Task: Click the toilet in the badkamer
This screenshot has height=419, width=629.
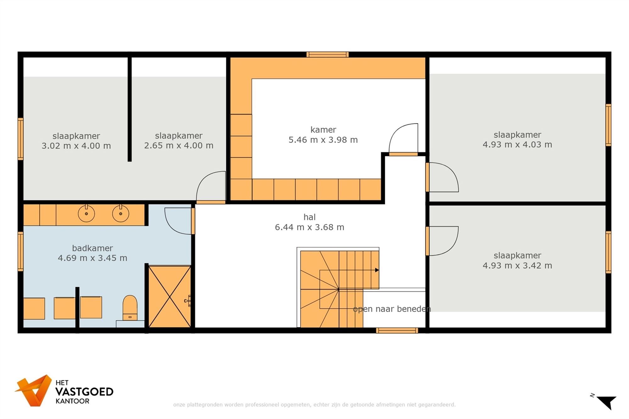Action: pos(130,308)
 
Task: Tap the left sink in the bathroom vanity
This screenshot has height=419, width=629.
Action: pos(86,213)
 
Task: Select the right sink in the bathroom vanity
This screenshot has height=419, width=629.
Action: pos(120,213)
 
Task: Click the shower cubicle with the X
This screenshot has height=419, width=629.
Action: pos(170,297)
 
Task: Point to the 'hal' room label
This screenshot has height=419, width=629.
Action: pos(309,217)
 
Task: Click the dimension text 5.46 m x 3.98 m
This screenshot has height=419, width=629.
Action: pos(323,140)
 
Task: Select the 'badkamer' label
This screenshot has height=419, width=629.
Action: pos(92,248)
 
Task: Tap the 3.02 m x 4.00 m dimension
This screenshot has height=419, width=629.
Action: pos(76,146)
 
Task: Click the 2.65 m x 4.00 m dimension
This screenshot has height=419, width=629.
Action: pos(179,146)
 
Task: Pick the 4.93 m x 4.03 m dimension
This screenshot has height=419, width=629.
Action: pos(517,145)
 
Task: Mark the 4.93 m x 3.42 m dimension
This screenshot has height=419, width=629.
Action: pos(517,266)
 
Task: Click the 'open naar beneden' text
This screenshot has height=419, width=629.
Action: pos(392,309)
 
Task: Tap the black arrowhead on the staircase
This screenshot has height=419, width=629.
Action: pos(377,270)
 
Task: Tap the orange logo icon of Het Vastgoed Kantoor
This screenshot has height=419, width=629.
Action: pos(34,390)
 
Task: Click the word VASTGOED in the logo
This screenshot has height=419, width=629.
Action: pos(84,392)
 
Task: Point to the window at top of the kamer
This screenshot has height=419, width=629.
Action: pos(328,55)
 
